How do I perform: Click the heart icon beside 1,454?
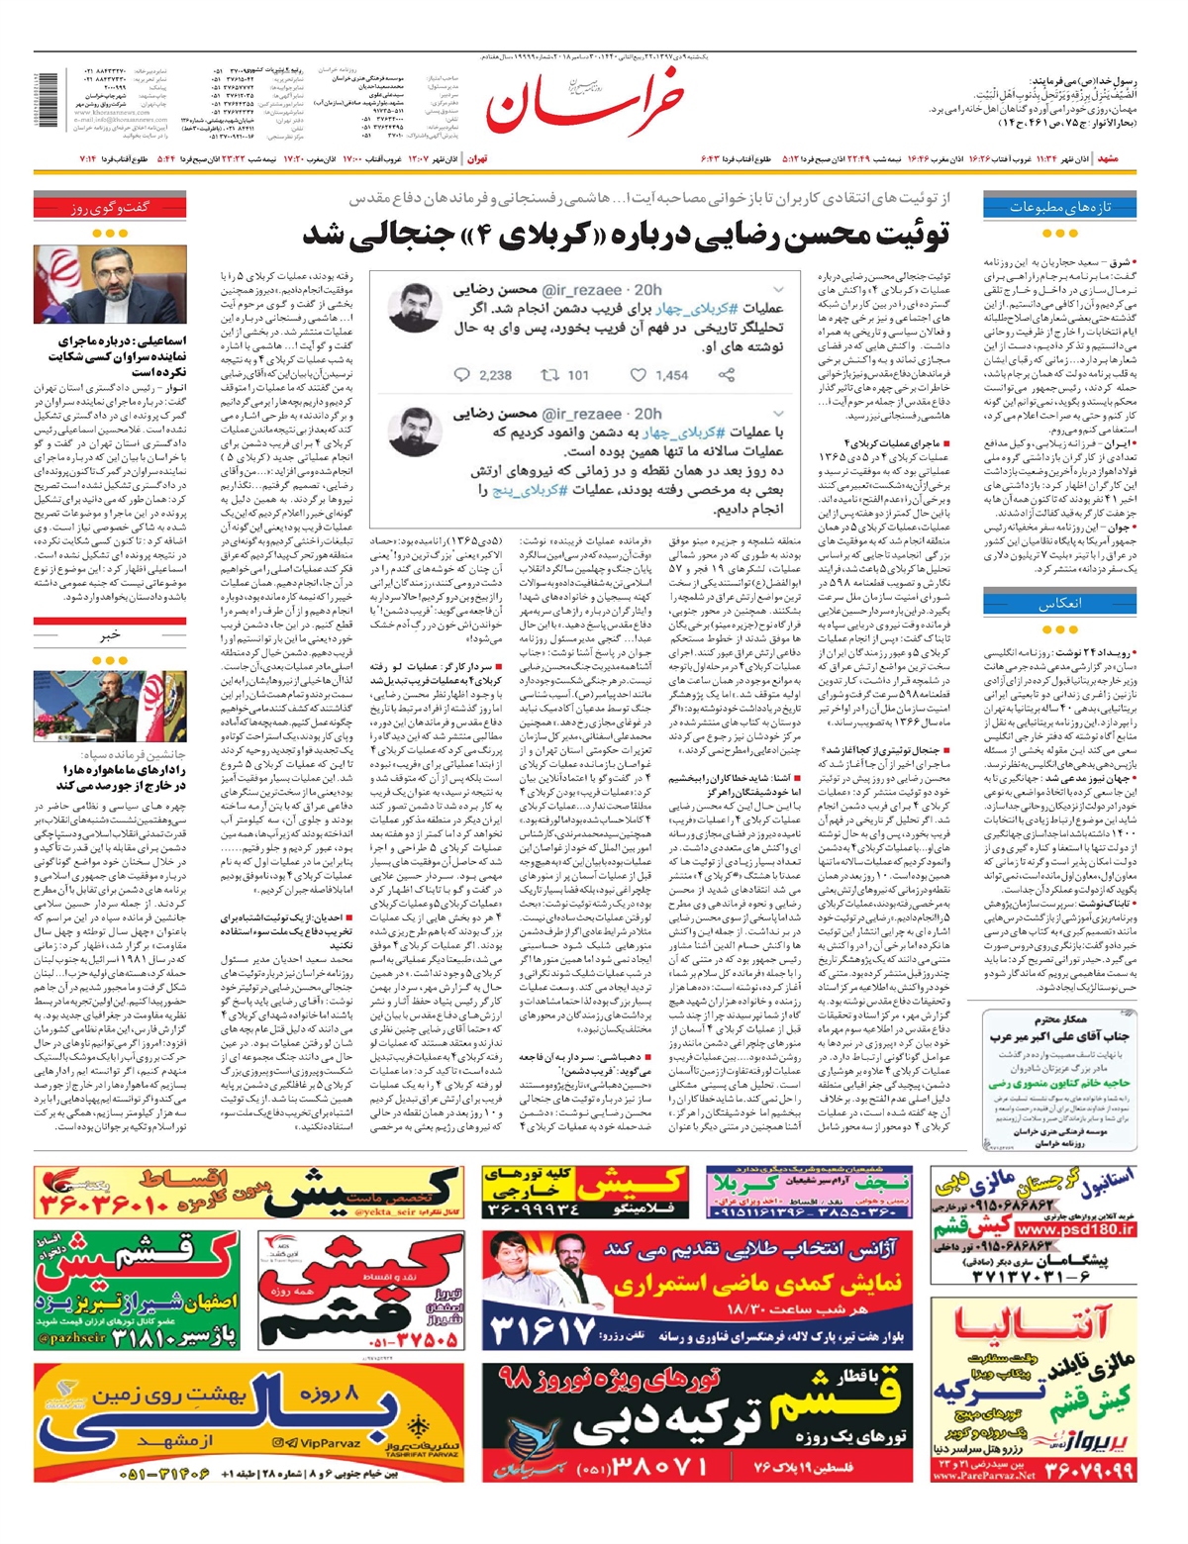click(639, 375)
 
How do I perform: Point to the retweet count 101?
click(578, 375)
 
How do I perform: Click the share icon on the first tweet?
click(727, 375)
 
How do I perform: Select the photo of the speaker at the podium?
click(110, 706)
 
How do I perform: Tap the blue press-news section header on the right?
click(1059, 207)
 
